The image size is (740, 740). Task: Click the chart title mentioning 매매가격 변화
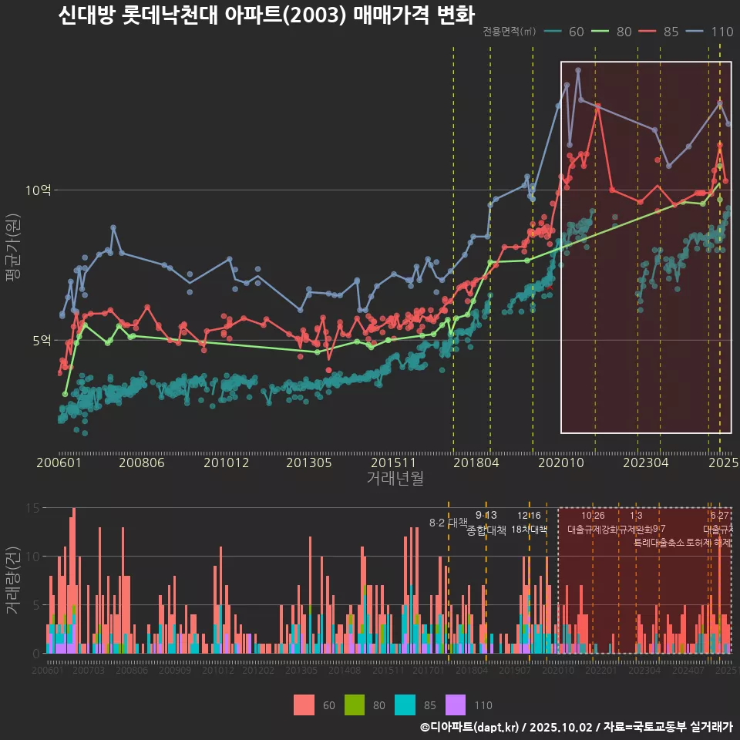[x=266, y=15]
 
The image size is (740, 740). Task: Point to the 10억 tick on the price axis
[x=39, y=190]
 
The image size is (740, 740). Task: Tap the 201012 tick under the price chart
[x=226, y=462]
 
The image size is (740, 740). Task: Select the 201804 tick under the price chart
[x=476, y=462]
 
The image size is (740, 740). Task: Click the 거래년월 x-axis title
[x=395, y=479]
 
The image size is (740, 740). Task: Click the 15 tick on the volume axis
[x=33, y=508]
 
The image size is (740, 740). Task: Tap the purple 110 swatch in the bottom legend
[x=456, y=705]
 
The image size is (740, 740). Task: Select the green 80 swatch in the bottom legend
[x=355, y=705]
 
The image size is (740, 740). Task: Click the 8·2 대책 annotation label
[x=449, y=523]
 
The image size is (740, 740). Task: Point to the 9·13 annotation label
[x=486, y=516]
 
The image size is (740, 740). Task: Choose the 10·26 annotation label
[x=593, y=516]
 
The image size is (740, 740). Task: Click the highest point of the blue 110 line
[x=578, y=70]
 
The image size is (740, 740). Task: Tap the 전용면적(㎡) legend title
[x=509, y=32]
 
